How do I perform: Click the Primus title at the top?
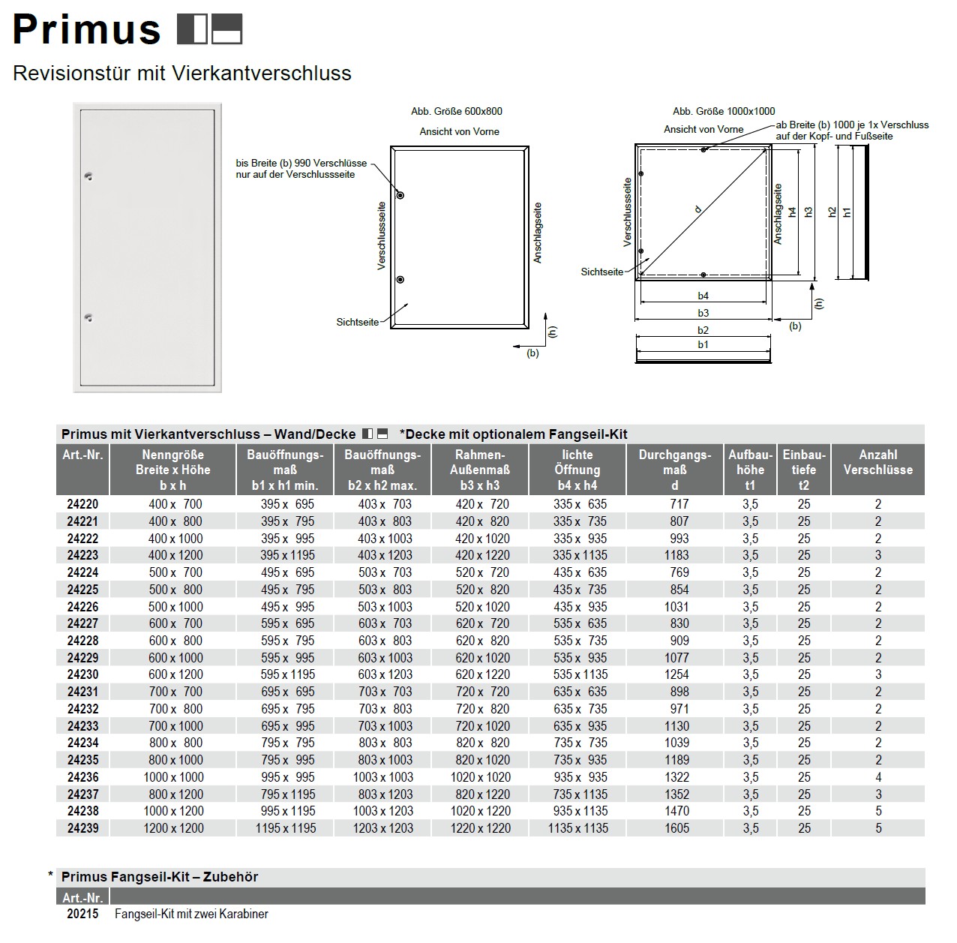click(x=86, y=30)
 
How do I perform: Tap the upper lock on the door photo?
click(x=88, y=176)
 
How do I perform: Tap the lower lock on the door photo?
click(x=88, y=318)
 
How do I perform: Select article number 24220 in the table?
click(x=82, y=504)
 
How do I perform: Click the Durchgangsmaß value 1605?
click(x=676, y=828)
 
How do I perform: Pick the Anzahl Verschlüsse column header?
click(x=877, y=462)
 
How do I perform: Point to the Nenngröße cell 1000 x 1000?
click(x=173, y=777)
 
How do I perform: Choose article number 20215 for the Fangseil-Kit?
click(x=82, y=914)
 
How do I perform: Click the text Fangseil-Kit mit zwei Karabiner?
click(x=191, y=914)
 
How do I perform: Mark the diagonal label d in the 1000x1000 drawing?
click(x=699, y=210)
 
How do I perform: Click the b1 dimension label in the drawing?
click(x=703, y=344)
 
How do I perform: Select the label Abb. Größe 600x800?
click(x=457, y=111)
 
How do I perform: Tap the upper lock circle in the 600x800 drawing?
click(x=400, y=196)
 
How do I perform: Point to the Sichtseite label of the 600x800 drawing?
click(x=358, y=322)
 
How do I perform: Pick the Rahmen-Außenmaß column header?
click(x=480, y=470)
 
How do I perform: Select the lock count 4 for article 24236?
click(x=878, y=777)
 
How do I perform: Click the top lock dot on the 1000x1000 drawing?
click(x=703, y=150)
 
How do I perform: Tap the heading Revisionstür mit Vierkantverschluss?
click(x=182, y=74)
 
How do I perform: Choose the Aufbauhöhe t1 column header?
click(x=750, y=470)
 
